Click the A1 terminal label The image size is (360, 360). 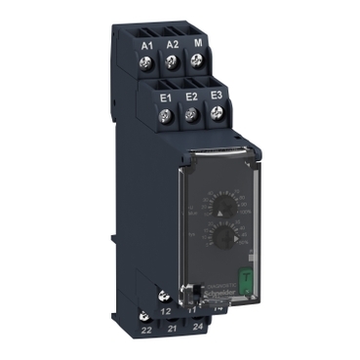coord(147,45)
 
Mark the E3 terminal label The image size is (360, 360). coord(216,96)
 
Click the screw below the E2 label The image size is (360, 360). coord(191,115)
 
